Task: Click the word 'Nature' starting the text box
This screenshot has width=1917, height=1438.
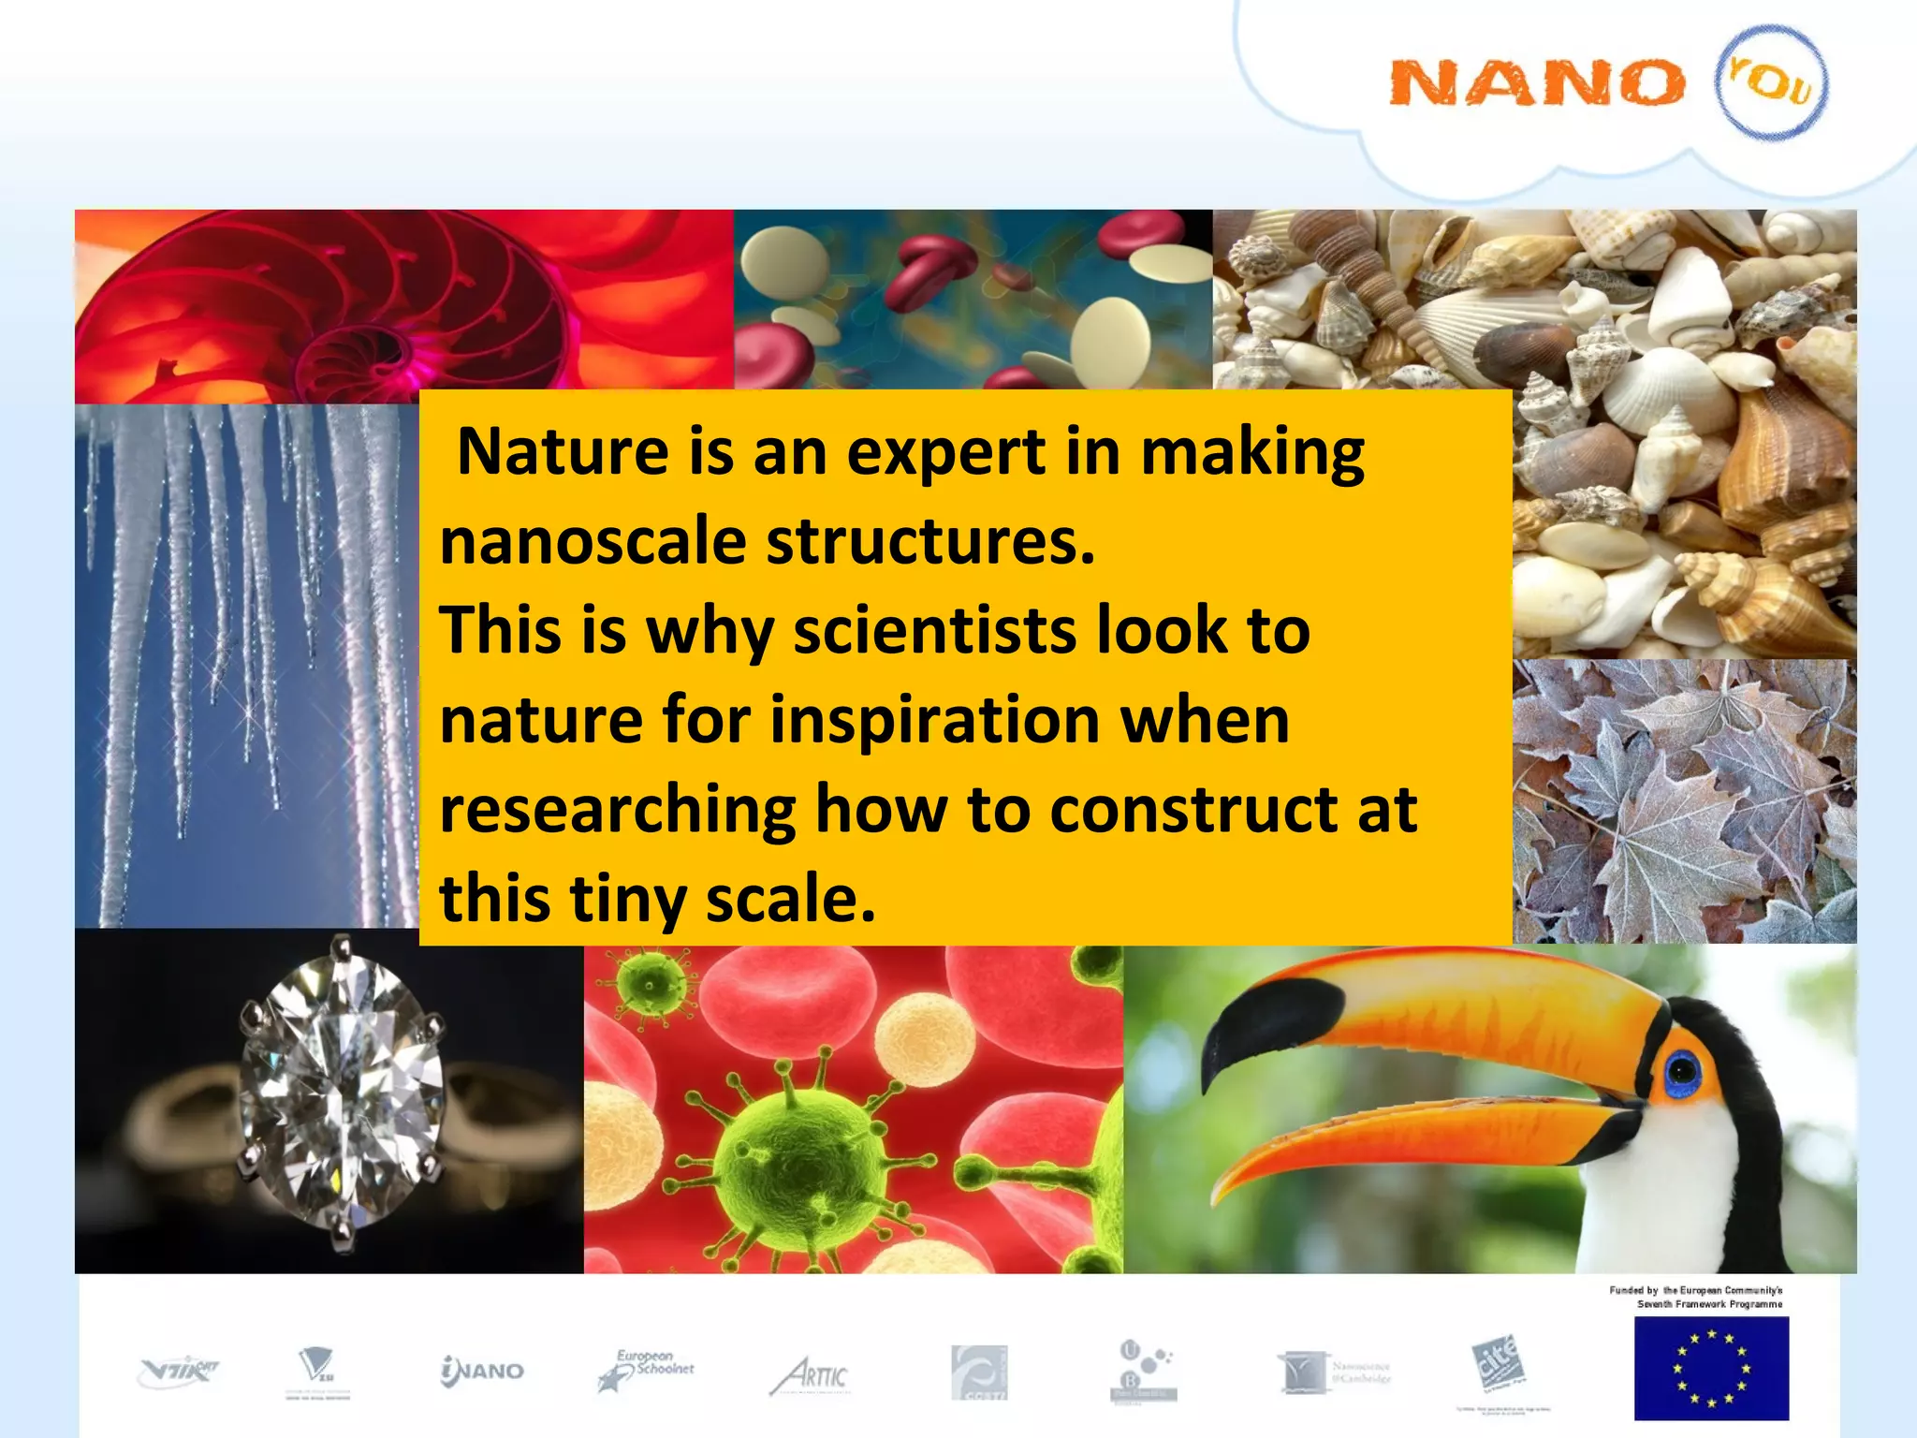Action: pos(562,452)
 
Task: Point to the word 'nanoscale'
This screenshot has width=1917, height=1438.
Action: pos(593,542)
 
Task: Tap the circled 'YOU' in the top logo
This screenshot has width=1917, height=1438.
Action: pos(1771,82)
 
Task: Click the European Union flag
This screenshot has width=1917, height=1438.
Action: pos(1711,1368)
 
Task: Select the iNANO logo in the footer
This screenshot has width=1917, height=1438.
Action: pos(482,1372)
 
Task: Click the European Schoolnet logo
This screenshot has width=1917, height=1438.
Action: pos(647,1371)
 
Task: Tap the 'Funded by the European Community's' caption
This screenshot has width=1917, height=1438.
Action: pos(1695,1290)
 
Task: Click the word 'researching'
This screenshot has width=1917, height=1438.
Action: pos(618,809)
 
